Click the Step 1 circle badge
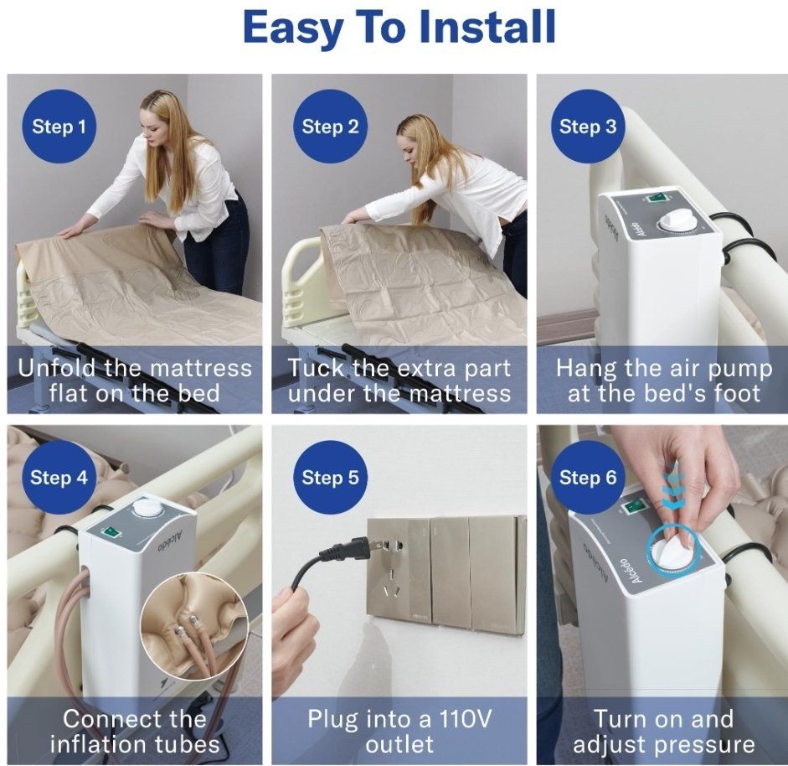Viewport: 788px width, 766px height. [x=59, y=127]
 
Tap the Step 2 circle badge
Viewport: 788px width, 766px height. [x=330, y=127]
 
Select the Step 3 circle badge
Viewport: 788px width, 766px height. [x=588, y=127]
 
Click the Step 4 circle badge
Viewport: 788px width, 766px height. [x=59, y=478]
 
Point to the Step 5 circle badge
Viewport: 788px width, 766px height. [x=330, y=478]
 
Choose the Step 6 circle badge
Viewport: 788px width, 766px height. [x=588, y=478]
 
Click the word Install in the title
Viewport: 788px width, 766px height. [x=487, y=27]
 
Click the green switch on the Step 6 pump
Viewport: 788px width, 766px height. [x=632, y=507]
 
